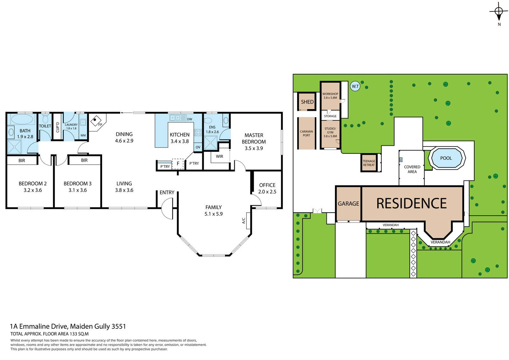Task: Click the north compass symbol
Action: click(x=499, y=11)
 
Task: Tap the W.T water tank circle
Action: click(x=355, y=86)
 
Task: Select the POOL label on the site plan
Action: click(x=446, y=158)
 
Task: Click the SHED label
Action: click(x=307, y=102)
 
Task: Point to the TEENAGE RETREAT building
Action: click(x=369, y=163)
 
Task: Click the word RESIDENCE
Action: click(x=412, y=203)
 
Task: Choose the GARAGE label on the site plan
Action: click(x=348, y=203)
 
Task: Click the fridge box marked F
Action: click(x=178, y=164)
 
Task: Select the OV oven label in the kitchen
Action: click(x=198, y=147)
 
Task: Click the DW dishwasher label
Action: click(x=190, y=119)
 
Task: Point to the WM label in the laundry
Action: click(x=83, y=135)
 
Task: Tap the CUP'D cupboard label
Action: click(x=58, y=127)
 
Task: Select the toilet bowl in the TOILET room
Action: click(x=45, y=119)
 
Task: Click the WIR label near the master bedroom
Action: click(x=220, y=157)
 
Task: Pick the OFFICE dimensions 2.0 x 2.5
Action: click(x=267, y=192)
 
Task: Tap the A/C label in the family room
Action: click(x=244, y=221)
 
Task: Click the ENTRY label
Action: click(x=167, y=192)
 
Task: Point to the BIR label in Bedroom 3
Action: click(x=84, y=160)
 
